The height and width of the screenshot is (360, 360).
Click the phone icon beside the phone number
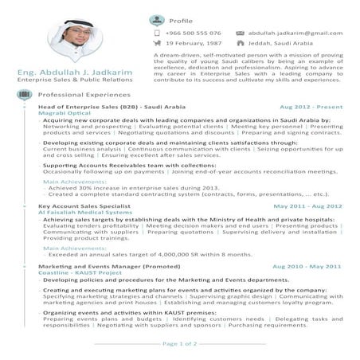pyautogui.click(x=157, y=33)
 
